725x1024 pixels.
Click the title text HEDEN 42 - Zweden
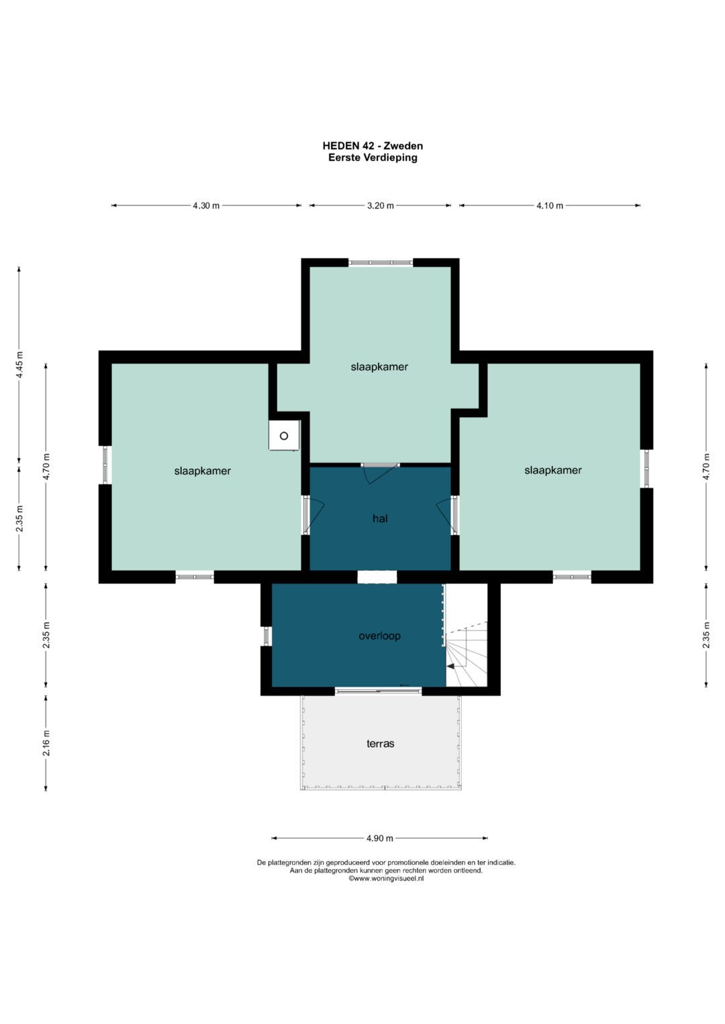(373, 146)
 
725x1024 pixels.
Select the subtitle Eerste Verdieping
(373, 158)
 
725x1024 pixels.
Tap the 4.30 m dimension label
(206, 206)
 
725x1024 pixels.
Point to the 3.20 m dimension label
(381, 206)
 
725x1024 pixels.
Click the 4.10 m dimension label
(550, 206)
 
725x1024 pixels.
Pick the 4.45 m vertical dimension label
(19, 365)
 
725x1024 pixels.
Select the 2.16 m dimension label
(46, 743)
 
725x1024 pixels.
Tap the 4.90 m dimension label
(379, 838)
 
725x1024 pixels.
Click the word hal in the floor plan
(380, 518)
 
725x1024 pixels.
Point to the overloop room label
(379, 636)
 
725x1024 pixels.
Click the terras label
(381, 744)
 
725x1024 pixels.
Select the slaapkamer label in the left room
(202, 471)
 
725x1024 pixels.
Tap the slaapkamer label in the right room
(553, 470)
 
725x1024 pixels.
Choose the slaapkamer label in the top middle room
(379, 367)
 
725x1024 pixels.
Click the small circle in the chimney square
(284, 436)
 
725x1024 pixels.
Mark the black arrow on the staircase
(451, 667)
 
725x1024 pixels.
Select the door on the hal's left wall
(313, 515)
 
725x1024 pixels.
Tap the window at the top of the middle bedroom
(381, 263)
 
